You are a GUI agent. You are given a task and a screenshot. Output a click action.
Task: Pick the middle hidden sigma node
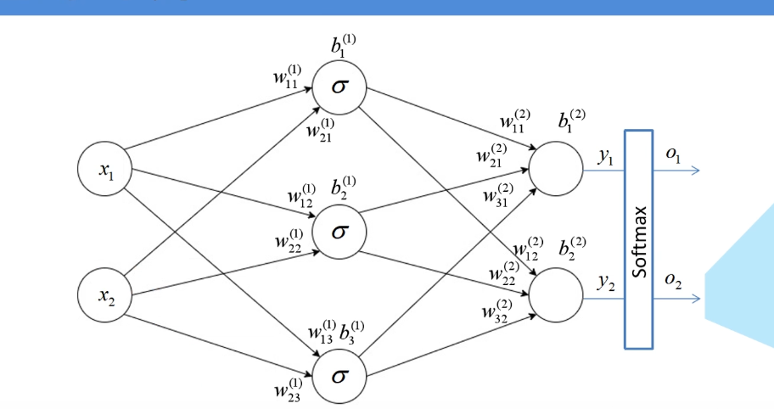(x=339, y=230)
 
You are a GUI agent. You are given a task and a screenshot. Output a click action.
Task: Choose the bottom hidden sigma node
(x=339, y=376)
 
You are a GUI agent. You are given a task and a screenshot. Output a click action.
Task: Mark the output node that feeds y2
(x=556, y=295)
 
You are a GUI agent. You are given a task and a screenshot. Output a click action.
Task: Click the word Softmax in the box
(x=640, y=240)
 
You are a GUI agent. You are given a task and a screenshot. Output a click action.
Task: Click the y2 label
(x=605, y=283)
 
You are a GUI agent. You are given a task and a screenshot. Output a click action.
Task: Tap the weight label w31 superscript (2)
(x=498, y=194)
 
